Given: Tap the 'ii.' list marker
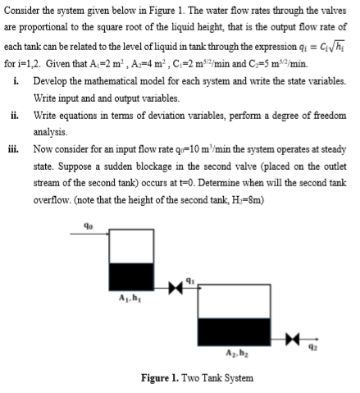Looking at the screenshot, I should coord(17,114).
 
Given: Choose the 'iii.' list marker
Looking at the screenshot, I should coord(17,144).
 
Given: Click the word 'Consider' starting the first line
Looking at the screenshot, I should coord(23,9).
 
